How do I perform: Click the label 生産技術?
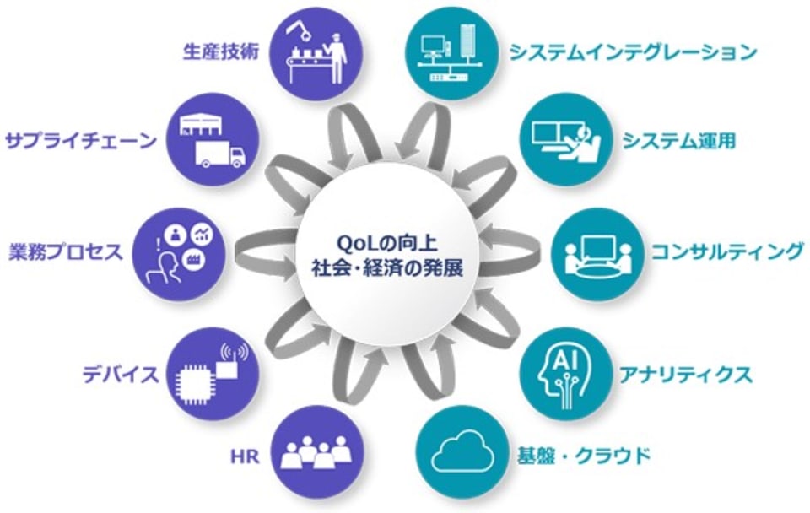pos(219,50)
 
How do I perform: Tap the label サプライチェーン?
pos(81,139)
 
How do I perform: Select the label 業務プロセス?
pos(66,251)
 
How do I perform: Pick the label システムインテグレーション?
pos(632,52)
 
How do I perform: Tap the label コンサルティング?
pos(726,251)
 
